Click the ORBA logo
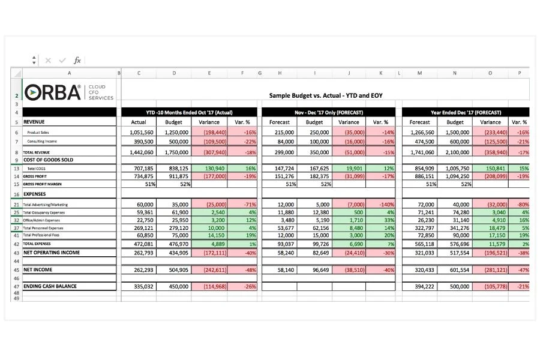pyautogui.click(x=53, y=92)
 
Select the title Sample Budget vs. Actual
pyautogui.click(x=325, y=95)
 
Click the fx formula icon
pyautogui.click(x=77, y=61)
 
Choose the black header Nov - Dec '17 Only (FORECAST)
pyautogui.click(x=325, y=112)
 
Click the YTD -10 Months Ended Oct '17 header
pyautogui.click(x=189, y=112)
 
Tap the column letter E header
pyautogui.click(x=209, y=73)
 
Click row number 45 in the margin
pyautogui.click(x=16, y=270)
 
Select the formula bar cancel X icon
pyautogui.click(x=48, y=61)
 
